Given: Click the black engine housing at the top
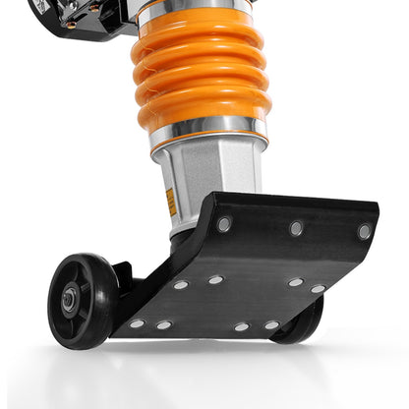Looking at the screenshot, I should point(84,14).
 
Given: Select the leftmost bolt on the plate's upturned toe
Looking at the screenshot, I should point(224,223).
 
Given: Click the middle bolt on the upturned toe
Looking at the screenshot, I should point(296,228).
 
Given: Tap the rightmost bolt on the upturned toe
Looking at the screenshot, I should point(364,232).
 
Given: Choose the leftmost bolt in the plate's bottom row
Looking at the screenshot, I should point(136,323).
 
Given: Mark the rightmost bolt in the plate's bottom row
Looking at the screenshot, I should point(270,324).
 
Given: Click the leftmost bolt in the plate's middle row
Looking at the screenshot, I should point(181,284).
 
